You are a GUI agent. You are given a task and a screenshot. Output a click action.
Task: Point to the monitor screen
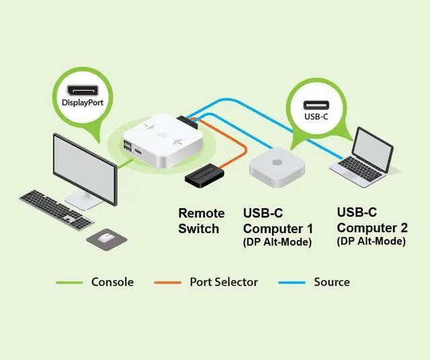pos(86,166)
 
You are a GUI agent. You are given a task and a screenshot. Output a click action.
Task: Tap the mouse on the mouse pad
pos(105,237)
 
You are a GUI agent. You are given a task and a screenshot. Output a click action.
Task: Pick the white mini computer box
pos(278,167)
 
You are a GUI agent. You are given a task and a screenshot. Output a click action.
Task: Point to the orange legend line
pos(167,282)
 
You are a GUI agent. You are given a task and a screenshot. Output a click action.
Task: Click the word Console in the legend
pos(112,282)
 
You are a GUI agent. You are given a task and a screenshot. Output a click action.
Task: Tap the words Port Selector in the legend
pos(223,282)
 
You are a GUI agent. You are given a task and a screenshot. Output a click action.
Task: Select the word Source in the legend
pos(332,282)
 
